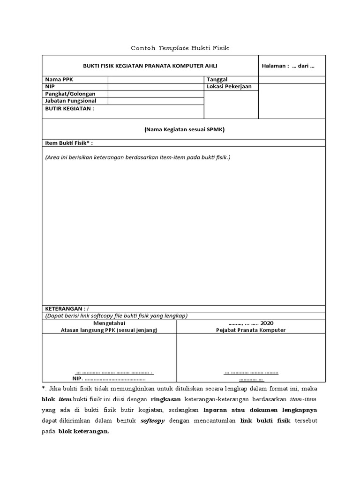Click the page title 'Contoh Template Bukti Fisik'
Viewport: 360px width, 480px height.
(x=180, y=48)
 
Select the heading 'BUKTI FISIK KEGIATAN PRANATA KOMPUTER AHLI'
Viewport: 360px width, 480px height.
(x=150, y=66)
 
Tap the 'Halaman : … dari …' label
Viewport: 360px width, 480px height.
(x=288, y=66)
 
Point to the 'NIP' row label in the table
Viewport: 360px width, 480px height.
(x=50, y=87)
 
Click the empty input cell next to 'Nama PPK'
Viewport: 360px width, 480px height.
(x=156, y=80)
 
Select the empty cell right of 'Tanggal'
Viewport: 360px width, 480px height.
(x=291, y=80)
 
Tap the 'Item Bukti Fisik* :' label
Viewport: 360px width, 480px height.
(x=72, y=143)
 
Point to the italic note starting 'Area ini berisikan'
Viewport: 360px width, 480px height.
(x=138, y=157)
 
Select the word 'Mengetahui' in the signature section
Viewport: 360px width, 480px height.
(x=109, y=323)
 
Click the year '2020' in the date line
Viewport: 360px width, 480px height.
(x=267, y=323)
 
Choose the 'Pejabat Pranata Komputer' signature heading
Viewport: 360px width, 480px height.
(x=251, y=330)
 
